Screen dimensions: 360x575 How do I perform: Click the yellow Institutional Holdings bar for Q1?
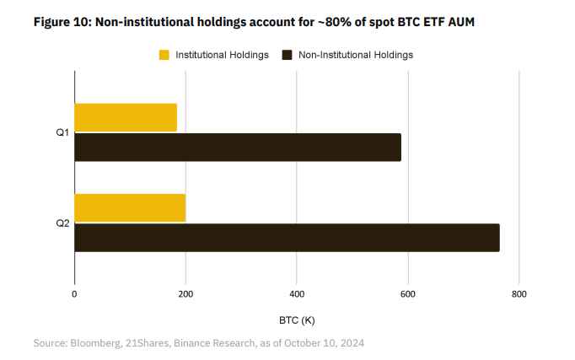coord(126,117)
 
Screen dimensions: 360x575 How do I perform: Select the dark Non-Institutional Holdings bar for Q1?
coord(238,148)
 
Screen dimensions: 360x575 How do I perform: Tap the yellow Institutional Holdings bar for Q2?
coord(130,207)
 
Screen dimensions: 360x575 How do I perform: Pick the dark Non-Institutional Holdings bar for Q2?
coord(287,238)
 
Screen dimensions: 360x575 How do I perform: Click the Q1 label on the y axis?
coord(62,132)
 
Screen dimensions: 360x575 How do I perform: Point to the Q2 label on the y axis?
coord(62,223)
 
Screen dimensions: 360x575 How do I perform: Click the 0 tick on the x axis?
coord(74,294)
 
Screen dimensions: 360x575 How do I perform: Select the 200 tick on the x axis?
coord(185,294)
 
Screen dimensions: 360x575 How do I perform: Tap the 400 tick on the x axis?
coord(297,294)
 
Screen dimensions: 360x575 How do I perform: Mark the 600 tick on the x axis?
coord(408,294)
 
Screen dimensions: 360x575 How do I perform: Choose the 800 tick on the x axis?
coord(519,294)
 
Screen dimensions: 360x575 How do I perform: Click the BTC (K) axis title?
coord(297,320)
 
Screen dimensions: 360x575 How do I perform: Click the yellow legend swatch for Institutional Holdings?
coord(164,55)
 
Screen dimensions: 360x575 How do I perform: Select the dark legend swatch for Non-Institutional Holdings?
coord(287,55)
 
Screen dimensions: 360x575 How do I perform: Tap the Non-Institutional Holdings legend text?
coord(356,55)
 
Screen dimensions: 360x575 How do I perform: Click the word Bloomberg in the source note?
coord(99,343)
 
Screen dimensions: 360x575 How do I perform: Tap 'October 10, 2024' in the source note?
coord(325,343)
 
